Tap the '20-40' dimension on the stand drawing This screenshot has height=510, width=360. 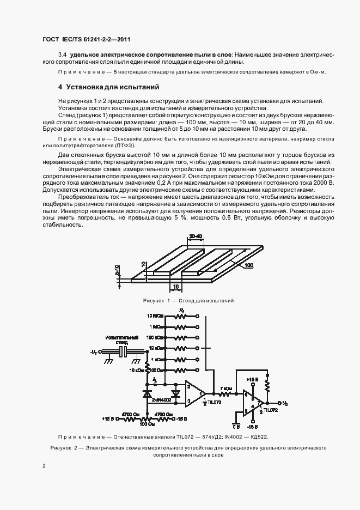(196, 236)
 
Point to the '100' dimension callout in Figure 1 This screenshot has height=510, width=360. (248, 265)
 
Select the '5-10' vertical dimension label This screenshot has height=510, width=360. (118, 271)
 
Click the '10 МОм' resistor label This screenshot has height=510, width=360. (155, 316)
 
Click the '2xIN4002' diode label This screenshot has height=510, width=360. (162, 400)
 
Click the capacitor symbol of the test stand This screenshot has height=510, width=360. (125, 353)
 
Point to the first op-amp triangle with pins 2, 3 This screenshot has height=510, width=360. (193, 393)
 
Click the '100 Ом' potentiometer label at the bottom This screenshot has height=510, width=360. (145, 423)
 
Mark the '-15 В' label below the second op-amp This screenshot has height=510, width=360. (252, 428)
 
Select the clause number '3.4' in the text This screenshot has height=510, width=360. (62, 55)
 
